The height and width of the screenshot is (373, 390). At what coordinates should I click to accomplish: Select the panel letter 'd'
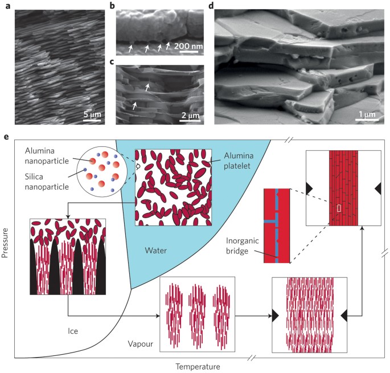(212, 7)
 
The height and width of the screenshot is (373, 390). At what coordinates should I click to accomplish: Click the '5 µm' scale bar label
(90, 118)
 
